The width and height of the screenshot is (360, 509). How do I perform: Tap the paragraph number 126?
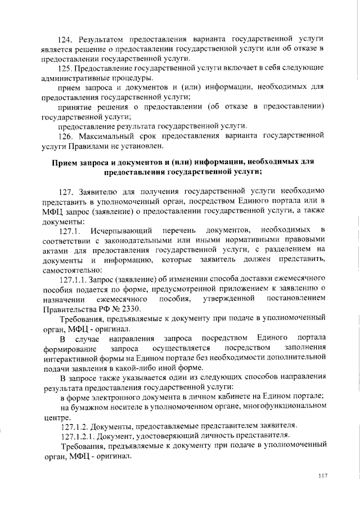click(67, 135)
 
